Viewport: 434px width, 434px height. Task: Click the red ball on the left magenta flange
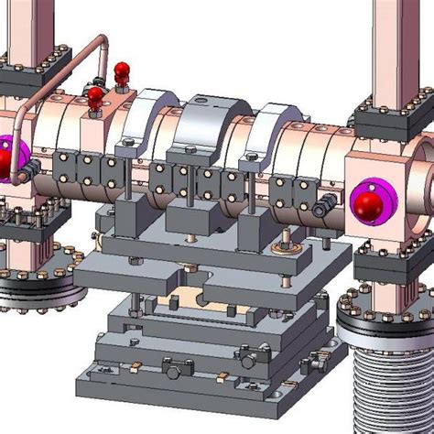[5, 161]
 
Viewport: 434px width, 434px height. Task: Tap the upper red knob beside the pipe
[121, 71]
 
